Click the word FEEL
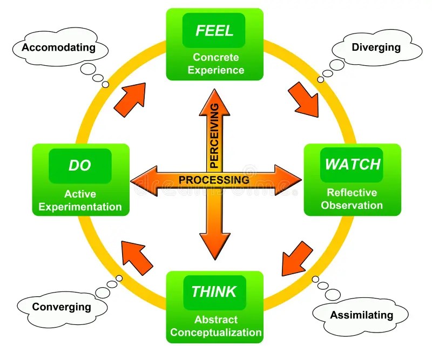pos(214,30)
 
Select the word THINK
pos(214,292)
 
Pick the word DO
pos(80,165)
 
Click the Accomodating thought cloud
pos(58,47)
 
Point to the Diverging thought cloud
pos(376,47)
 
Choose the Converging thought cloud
pos(62,307)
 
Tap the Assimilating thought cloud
pos(362,315)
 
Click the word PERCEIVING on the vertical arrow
pos(214,135)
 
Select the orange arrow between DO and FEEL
pos(131,97)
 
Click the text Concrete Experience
pos(219,64)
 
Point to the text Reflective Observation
pos(352,199)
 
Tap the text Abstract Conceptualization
pos(216,325)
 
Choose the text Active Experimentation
pos(80,200)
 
